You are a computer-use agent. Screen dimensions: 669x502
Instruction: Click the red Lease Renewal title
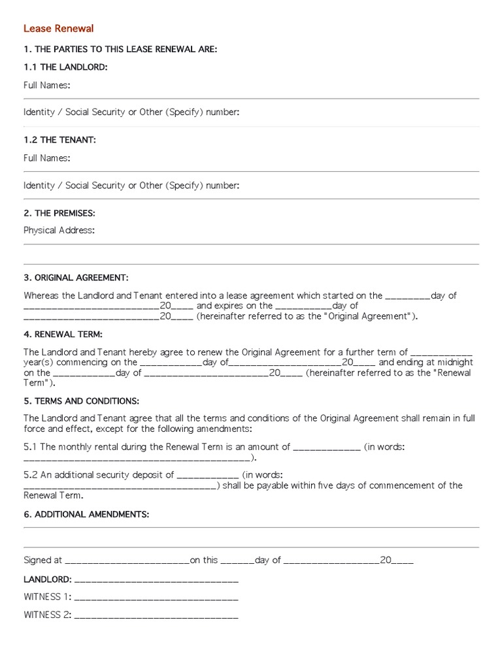click(x=59, y=28)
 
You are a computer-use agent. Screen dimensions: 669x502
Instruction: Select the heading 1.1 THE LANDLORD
click(x=65, y=67)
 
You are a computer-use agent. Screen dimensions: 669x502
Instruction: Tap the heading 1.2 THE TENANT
click(x=59, y=140)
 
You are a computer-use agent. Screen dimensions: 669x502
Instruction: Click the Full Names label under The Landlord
click(x=46, y=85)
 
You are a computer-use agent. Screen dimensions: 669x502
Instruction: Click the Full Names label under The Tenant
click(x=46, y=158)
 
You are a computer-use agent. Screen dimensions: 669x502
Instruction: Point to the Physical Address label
click(x=59, y=230)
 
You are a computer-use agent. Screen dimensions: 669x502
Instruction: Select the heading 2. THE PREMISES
click(x=59, y=213)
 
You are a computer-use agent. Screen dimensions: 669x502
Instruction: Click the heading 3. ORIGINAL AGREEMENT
click(x=76, y=278)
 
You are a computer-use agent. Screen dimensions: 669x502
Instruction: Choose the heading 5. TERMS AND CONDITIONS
click(x=81, y=400)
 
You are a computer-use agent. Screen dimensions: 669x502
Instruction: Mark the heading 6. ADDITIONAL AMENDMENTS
click(x=86, y=514)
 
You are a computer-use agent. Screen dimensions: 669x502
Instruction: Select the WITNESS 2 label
click(x=47, y=615)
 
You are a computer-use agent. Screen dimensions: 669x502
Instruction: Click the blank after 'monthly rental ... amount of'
click(x=326, y=448)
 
